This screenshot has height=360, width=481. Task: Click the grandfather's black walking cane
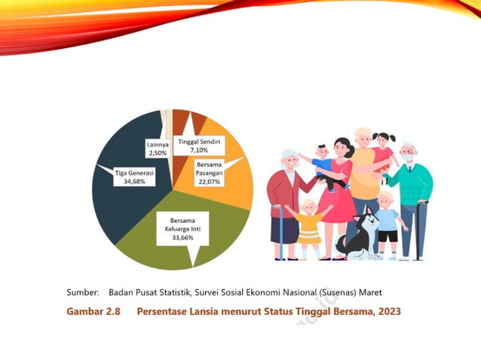424,230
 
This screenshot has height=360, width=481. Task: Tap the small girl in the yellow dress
308,226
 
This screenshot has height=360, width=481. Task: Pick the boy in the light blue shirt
386,222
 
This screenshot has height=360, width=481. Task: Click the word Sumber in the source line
83,291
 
